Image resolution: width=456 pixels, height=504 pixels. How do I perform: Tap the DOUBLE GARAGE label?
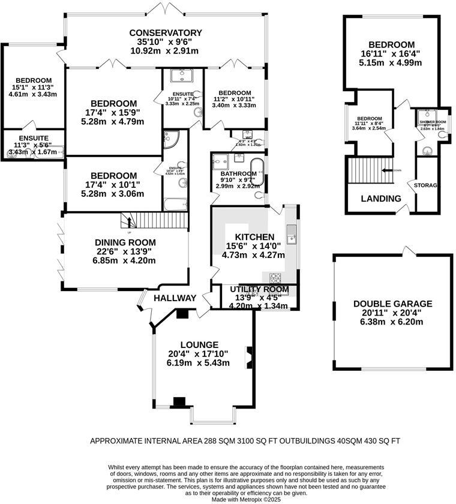pos(392,304)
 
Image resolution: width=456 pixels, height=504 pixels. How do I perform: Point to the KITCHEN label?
pos(254,237)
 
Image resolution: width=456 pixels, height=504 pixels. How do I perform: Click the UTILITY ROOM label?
pos(259,290)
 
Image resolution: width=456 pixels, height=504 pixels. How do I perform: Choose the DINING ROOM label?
pos(125,242)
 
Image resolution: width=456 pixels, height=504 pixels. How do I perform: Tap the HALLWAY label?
pos(175,298)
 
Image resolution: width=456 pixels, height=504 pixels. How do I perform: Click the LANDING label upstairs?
pos(381,199)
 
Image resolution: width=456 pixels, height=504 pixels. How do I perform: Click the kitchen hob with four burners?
pos(276,278)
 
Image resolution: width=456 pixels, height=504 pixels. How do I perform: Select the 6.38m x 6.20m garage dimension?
pos(392,322)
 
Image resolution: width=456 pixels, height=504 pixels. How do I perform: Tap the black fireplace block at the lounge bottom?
pos(179,402)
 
